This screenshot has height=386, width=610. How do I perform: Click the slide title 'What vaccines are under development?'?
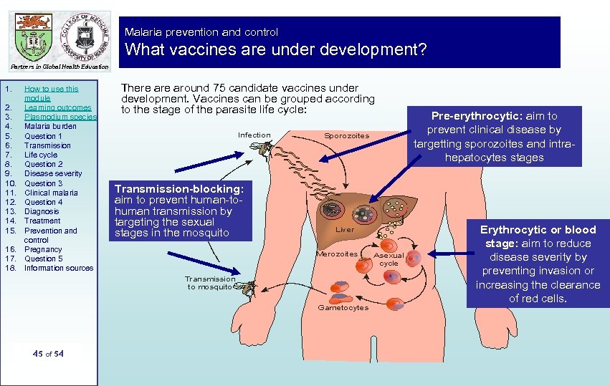click(276, 50)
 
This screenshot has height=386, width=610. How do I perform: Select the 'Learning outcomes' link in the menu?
click(58, 107)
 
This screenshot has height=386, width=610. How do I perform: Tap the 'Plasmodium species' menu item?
click(60, 117)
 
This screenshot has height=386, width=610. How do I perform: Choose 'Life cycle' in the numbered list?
click(41, 155)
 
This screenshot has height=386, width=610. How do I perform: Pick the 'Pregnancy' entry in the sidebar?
click(43, 249)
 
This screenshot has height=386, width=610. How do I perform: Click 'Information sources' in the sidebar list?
click(59, 268)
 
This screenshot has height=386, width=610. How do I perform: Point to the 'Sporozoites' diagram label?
click(347, 135)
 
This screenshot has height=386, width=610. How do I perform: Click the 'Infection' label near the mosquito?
click(254, 135)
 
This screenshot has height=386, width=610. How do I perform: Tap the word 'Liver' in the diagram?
click(345, 230)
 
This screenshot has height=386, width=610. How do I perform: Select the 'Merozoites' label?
click(337, 254)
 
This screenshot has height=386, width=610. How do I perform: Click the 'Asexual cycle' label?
click(389, 259)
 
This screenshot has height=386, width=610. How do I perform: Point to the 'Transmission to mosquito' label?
click(210, 283)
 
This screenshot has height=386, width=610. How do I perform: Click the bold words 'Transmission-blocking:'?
click(180, 188)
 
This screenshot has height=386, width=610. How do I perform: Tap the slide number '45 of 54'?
click(48, 353)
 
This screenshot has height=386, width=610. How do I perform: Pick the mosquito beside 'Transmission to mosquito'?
click(247, 288)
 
